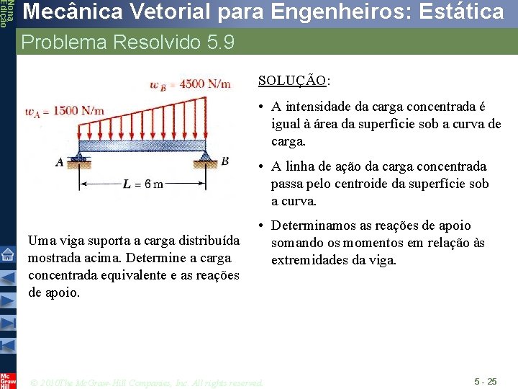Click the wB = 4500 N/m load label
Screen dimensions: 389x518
tap(190, 84)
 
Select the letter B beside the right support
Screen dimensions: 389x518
tap(224, 161)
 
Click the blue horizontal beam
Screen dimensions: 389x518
tap(144, 146)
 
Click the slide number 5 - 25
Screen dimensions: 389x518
tap(485, 381)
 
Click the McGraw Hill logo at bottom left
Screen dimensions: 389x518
tap(7, 380)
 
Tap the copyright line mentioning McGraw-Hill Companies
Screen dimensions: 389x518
tap(147, 383)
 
